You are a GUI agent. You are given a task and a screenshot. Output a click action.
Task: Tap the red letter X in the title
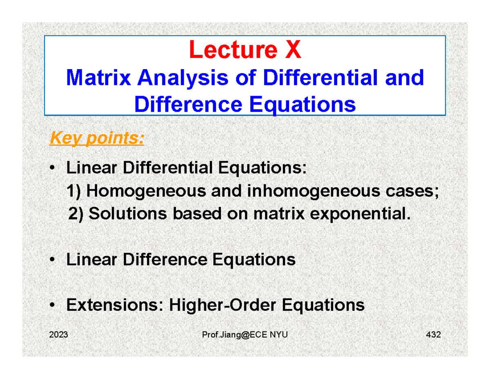click(x=292, y=51)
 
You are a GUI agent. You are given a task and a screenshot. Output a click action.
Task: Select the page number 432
click(x=433, y=335)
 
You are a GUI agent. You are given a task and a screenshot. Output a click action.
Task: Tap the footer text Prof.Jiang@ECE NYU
click(x=245, y=335)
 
